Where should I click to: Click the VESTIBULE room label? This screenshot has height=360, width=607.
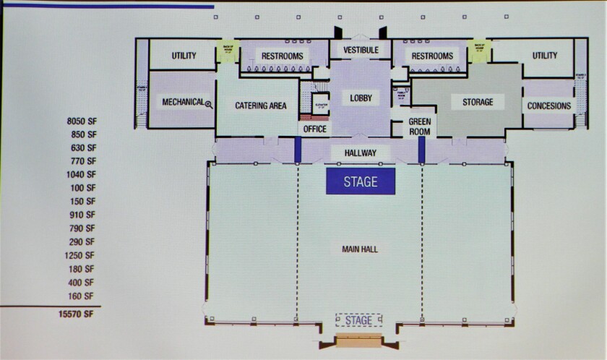click(x=361, y=50)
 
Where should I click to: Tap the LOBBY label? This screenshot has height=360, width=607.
click(x=360, y=98)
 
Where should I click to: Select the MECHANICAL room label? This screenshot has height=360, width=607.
click(x=183, y=102)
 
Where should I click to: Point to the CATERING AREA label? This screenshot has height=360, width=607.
click(x=261, y=106)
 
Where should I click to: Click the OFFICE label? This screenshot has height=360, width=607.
click(x=315, y=129)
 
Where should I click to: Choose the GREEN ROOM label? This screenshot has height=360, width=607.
click(x=419, y=127)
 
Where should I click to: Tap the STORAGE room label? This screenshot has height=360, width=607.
click(x=478, y=102)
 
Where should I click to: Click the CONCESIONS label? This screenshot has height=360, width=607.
click(x=549, y=106)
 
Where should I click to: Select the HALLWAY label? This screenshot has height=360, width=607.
click(x=361, y=153)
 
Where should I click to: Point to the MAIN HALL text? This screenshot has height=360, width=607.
click(x=360, y=249)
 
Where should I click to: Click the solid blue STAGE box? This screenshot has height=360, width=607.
click(x=361, y=181)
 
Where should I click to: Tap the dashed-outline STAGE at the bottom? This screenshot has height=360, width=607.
click(x=359, y=320)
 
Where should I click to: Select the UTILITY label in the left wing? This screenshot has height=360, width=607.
click(x=184, y=56)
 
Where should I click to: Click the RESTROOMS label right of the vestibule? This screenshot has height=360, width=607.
click(x=432, y=56)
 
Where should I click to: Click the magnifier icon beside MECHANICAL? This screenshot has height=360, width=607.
click(x=209, y=105)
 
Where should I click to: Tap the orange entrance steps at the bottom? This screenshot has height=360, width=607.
click(x=358, y=343)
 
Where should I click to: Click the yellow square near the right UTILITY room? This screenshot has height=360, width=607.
click(x=478, y=51)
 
